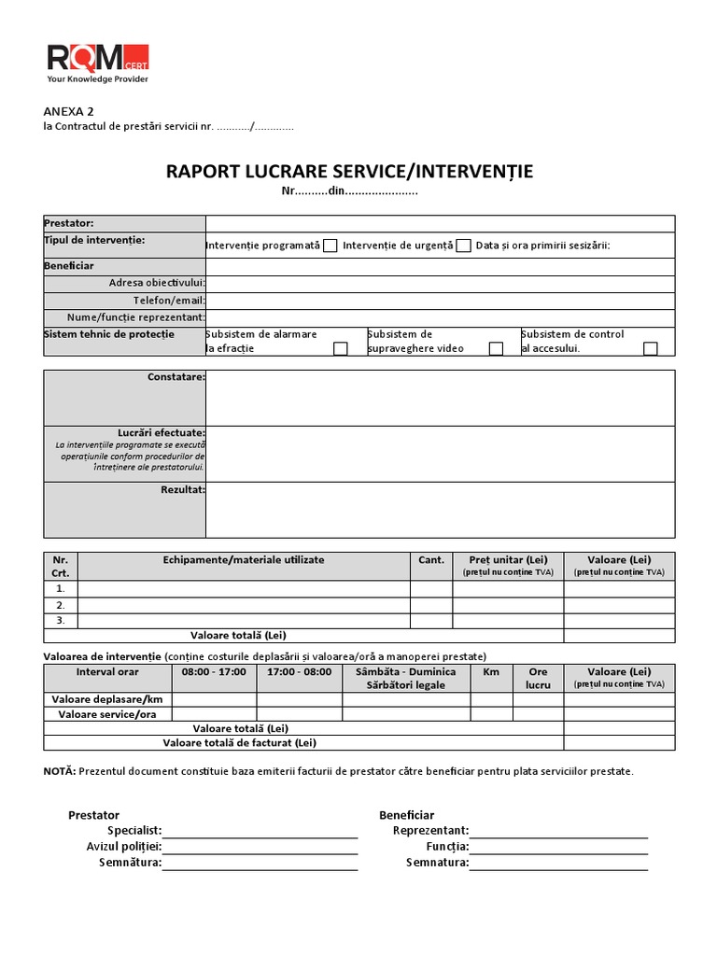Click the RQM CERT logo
97,63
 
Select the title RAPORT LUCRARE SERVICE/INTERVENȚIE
349,171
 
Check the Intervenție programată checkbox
330,246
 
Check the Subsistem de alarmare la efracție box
341,348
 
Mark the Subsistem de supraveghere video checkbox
497,348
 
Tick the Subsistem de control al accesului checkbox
651,348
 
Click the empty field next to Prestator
440,223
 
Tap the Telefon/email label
169,301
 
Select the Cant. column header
431,560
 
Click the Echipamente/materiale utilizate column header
244,560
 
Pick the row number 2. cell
61,604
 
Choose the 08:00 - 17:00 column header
214,672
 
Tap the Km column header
491,672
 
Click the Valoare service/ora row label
107,714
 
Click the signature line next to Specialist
260,831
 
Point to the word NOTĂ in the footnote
60,771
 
